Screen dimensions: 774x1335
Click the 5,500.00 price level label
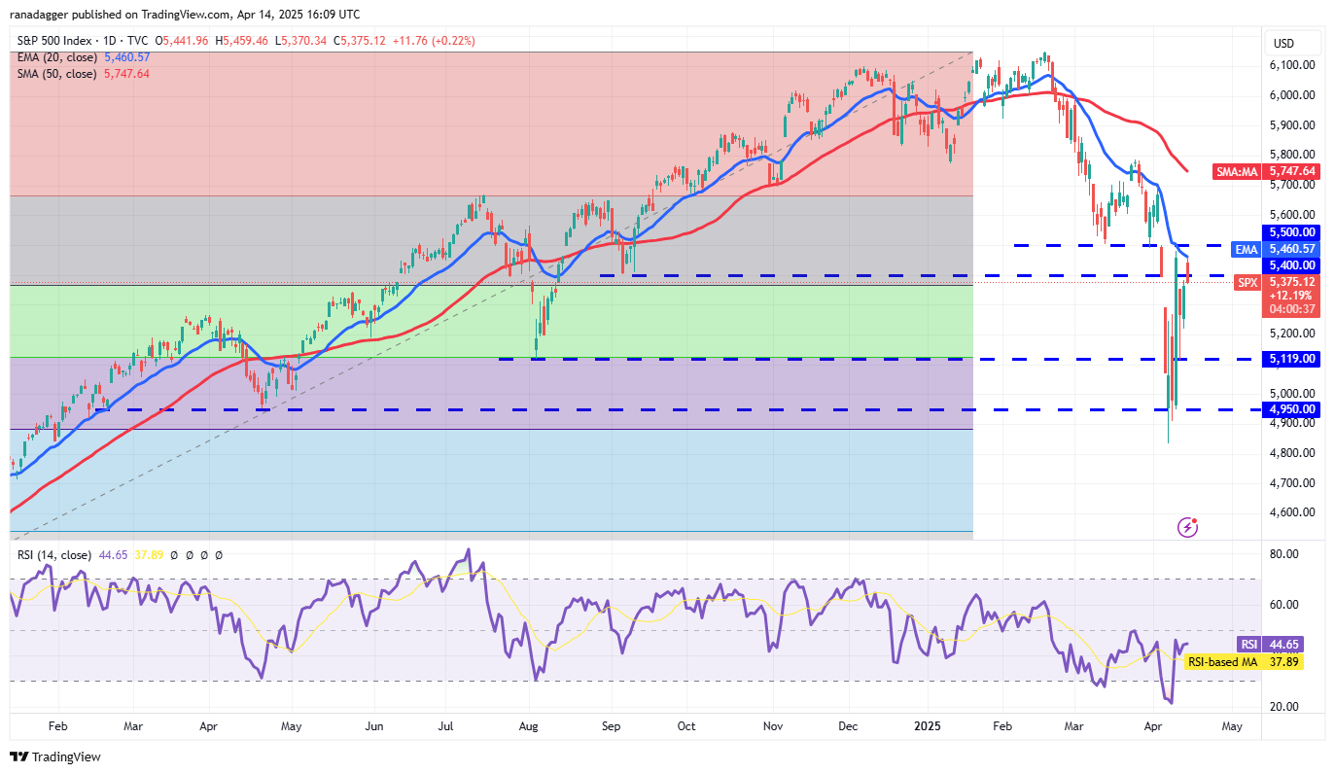coord(1291,232)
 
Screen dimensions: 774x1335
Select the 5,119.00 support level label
coord(1291,359)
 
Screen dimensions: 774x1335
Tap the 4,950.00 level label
coord(1291,409)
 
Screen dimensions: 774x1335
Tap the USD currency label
coord(1283,44)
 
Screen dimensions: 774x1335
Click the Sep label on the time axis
coord(611,726)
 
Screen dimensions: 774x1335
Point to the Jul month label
coord(448,726)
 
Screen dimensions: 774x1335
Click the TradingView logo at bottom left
coord(55,756)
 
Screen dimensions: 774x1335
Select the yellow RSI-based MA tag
coord(1223,662)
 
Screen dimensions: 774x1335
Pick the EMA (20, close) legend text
coord(55,57)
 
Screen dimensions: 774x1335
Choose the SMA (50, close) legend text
coord(55,73)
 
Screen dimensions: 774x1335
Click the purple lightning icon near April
coord(1187,527)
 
